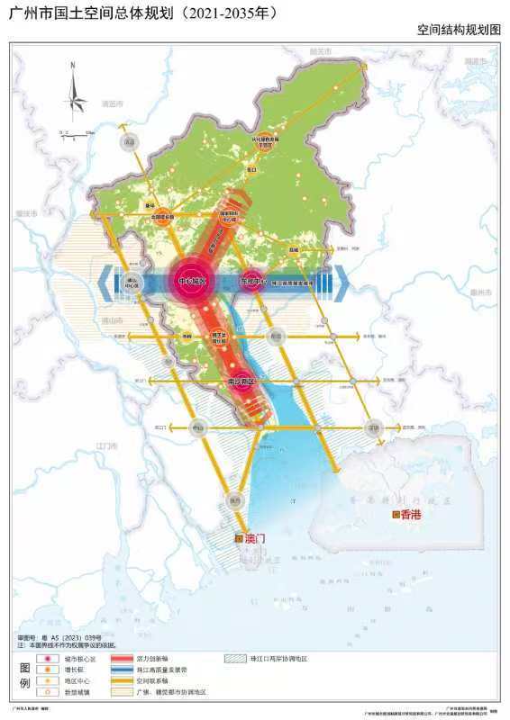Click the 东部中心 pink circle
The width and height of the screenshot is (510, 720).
pyautogui.click(x=251, y=281)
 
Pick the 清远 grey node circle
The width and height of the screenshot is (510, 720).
pyautogui.click(x=130, y=142)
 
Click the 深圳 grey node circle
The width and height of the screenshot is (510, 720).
pyautogui.click(x=373, y=428)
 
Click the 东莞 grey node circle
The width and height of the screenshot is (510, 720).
pyautogui.click(x=276, y=335)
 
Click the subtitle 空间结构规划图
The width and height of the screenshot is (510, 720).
pyautogui.click(x=458, y=30)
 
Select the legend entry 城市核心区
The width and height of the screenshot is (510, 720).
pyautogui.click(x=75, y=660)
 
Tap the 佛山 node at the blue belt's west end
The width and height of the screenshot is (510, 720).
pyautogui.click(x=132, y=282)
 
